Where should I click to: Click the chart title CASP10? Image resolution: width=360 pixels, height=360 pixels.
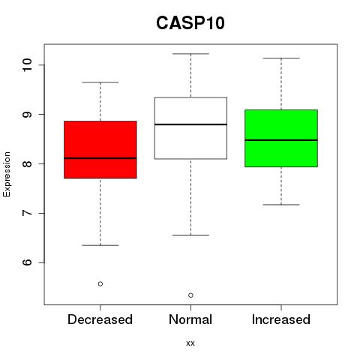point(190,23)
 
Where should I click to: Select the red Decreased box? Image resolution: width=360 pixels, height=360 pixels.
point(100,149)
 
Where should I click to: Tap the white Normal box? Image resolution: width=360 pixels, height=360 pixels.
point(190,128)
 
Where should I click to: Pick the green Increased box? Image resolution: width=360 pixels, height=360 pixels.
point(281,138)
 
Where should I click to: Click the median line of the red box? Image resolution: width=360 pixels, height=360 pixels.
point(100,158)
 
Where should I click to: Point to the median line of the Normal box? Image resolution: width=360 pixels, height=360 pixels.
point(190,124)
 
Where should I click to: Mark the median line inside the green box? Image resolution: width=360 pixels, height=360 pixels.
point(281,140)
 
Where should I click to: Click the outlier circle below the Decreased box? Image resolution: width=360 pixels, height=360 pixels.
point(100,283)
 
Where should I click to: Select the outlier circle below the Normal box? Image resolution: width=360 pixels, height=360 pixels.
point(190,295)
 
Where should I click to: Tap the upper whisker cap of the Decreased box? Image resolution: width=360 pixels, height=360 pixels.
point(100,82)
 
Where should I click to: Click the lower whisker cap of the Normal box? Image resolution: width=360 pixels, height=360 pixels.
point(190,235)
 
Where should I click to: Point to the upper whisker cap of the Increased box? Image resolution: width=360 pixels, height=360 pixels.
point(281,58)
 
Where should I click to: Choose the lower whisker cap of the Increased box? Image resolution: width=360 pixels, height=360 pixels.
point(281,205)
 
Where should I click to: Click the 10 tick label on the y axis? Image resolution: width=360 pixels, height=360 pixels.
point(28,65)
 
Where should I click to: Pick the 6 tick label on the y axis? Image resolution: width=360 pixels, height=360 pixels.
point(28,262)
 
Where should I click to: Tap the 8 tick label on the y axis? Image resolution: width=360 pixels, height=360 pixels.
point(28,163)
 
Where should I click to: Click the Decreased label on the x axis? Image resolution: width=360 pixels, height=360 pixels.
point(100,319)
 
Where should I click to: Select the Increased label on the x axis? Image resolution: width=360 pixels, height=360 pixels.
point(281,319)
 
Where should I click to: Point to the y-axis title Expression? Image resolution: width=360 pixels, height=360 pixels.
point(7,174)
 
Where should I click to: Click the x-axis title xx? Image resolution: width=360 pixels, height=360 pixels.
point(190,343)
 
